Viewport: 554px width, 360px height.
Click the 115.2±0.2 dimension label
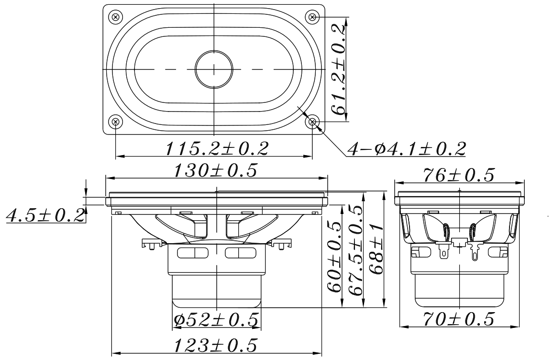tap(217, 148)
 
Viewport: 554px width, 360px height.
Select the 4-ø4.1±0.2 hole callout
tap(406, 149)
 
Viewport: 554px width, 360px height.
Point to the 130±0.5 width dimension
tap(217, 170)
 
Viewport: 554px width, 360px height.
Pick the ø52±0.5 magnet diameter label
tap(216, 319)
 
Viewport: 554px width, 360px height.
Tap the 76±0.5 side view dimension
tap(458, 175)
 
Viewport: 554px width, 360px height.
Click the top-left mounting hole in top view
tap(115, 17)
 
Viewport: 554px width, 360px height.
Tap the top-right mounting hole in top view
tap(312, 17)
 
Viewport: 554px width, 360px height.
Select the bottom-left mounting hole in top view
tap(115, 122)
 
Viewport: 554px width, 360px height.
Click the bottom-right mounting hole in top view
tap(312, 122)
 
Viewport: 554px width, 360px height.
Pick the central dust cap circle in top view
tap(214, 69)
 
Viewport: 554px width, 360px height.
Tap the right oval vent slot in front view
tap(241, 253)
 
